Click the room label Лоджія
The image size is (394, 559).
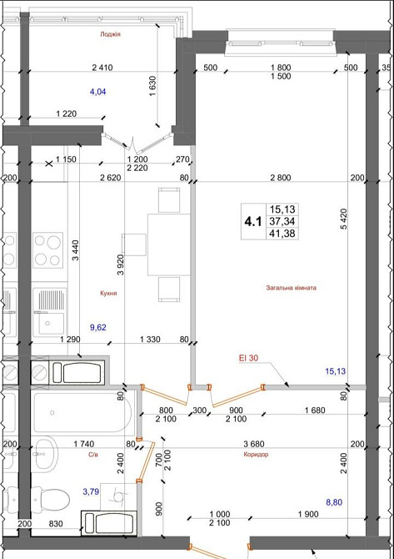[x=110, y=34]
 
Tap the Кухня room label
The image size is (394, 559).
[x=108, y=293]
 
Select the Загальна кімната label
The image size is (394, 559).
[x=292, y=288]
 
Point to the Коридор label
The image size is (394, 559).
[x=256, y=455]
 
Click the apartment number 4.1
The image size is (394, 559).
[x=253, y=222]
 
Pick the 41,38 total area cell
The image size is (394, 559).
[x=282, y=234]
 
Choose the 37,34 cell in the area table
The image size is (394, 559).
[x=282, y=221]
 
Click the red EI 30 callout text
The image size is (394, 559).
[x=248, y=358]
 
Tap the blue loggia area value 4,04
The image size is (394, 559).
[x=98, y=92]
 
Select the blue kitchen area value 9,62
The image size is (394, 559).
[x=98, y=327]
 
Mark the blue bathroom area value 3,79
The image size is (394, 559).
[x=91, y=492]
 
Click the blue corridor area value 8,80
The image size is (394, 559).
[x=334, y=502]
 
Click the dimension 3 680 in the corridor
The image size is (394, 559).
[x=254, y=444]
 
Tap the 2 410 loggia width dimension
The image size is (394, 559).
[x=102, y=67]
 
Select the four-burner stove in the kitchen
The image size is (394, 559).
[x=47, y=250]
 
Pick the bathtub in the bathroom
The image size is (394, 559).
[x=82, y=412]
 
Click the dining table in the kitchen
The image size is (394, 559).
[x=169, y=244]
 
